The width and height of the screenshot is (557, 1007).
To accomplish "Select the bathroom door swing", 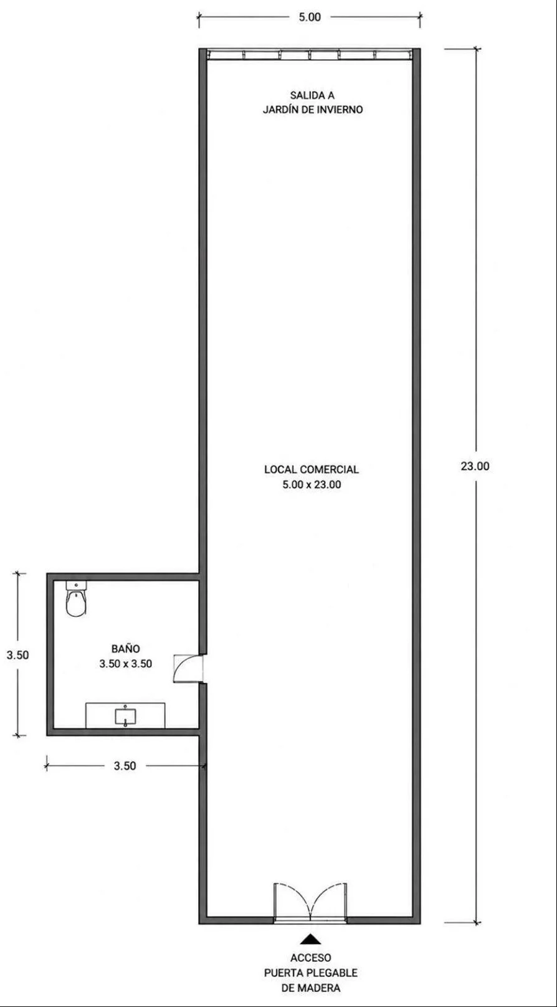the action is pos(188,669).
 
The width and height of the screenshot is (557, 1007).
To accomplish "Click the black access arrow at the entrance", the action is pos(311,939).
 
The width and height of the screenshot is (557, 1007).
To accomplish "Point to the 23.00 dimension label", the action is pos(475,466).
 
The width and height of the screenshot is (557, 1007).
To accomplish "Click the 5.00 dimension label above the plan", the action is pos(310,17).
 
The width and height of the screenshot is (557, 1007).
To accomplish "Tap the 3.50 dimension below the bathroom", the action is pos(125,766).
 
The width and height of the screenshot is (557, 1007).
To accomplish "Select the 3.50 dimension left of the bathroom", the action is pos(17,655).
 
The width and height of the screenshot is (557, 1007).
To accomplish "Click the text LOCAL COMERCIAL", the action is pos(312,470).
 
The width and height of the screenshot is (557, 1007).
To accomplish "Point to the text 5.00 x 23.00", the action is pos(312,485).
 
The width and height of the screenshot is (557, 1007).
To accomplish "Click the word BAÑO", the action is pos(126,648).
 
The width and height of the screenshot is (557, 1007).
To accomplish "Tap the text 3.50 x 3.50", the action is pos(126,664).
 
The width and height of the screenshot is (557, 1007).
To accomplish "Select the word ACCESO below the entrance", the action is pos(311,958).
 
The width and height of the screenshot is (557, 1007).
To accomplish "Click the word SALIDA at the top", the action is pos(307,95).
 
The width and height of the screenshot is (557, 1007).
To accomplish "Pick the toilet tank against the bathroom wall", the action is pos(75,585).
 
